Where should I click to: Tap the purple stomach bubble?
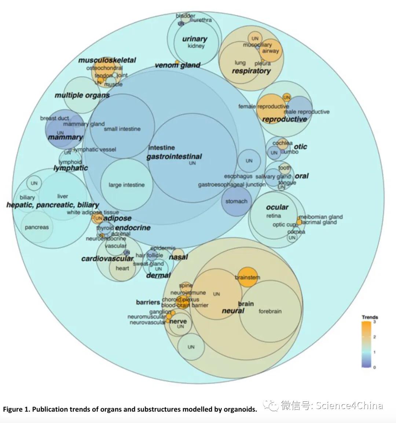(236, 201)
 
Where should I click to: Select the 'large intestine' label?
(126, 185)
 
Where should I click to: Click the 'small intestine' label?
(122, 129)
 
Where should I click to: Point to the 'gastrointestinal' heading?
(174, 157)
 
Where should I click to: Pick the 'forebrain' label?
(270, 311)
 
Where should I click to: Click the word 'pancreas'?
(37, 227)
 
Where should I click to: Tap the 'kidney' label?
(196, 46)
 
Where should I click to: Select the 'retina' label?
(274, 216)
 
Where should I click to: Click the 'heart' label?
(122, 268)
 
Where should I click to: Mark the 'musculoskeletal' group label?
(107, 60)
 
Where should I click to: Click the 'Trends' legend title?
(370, 317)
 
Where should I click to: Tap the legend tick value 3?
(374, 322)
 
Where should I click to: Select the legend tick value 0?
(374, 367)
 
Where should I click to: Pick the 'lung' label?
(240, 63)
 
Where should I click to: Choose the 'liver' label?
(63, 196)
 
